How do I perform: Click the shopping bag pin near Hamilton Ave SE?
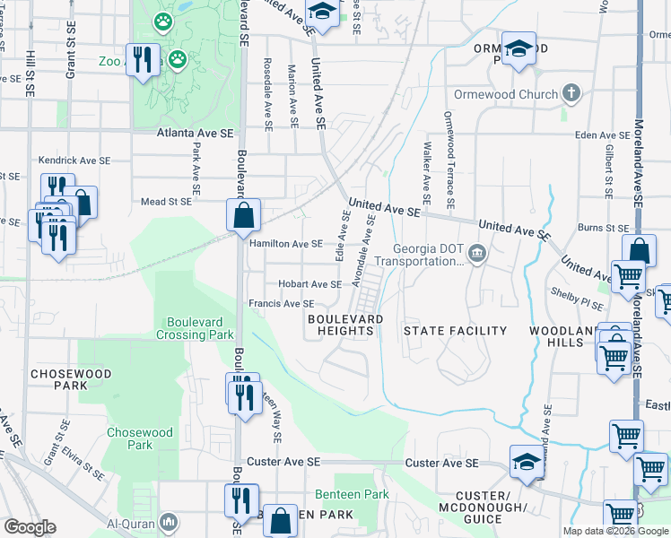tap(243, 216)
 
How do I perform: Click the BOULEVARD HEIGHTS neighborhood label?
tap(344, 325)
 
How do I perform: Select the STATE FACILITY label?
tap(455, 331)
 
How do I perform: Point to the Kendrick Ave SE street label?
tap(74, 161)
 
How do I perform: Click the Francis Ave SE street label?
tap(281, 304)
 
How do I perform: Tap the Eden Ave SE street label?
tap(603, 135)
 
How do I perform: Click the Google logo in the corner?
tap(29, 527)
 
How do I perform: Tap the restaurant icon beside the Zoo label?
tap(142, 60)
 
